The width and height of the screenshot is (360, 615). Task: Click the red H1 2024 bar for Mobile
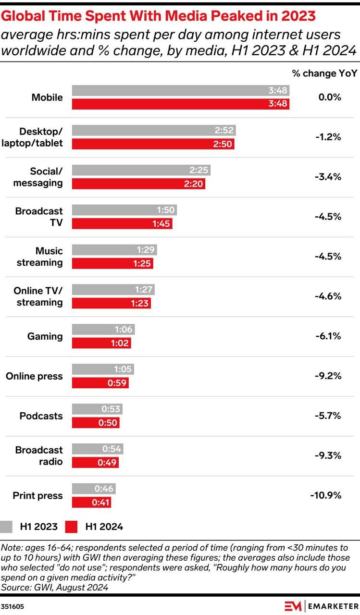(x=181, y=104)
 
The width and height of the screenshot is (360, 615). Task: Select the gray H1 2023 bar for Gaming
(x=103, y=329)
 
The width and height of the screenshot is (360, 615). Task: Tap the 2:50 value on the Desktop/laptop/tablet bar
(x=223, y=144)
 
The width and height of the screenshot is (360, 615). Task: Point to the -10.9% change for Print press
(x=326, y=495)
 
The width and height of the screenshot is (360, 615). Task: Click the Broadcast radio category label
(x=39, y=456)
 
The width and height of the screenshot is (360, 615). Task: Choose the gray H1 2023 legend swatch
(x=6, y=526)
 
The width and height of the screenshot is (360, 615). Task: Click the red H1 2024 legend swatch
(x=72, y=526)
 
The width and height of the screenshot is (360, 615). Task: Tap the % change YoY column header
(x=324, y=74)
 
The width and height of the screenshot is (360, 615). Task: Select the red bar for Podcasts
(x=96, y=422)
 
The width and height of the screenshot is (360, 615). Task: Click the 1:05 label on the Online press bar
(x=123, y=369)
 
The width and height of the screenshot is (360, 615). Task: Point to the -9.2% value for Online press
(x=328, y=376)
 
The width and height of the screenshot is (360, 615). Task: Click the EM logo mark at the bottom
(x=293, y=606)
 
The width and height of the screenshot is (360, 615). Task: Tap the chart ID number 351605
(x=12, y=606)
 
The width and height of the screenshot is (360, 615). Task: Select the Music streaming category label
(x=40, y=257)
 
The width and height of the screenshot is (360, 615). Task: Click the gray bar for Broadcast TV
(x=124, y=210)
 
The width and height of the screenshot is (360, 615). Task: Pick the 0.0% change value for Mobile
(x=330, y=97)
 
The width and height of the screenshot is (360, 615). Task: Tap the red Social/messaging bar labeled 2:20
(x=139, y=184)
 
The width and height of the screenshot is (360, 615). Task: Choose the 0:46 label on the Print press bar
(x=104, y=489)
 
